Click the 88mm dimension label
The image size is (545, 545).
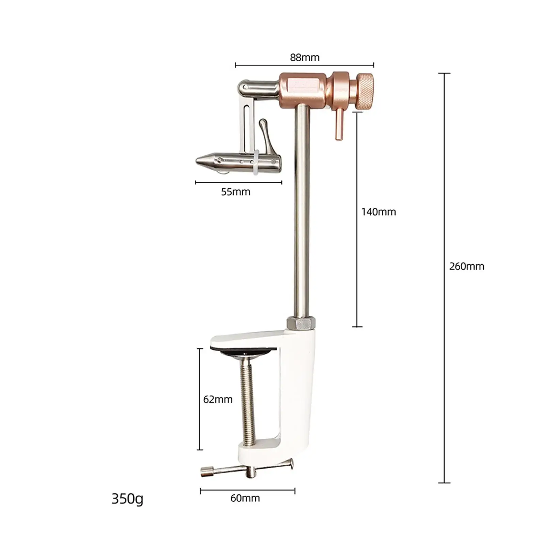305,57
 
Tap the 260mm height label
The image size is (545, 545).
466,266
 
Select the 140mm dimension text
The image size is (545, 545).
378,212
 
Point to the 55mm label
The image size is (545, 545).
235,192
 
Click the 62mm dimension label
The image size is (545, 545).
218,399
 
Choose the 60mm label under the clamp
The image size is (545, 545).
245,498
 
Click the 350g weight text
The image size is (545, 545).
127,499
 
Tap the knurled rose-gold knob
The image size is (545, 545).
364,92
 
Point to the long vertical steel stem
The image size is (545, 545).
302,211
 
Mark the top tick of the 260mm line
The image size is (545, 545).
444,73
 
